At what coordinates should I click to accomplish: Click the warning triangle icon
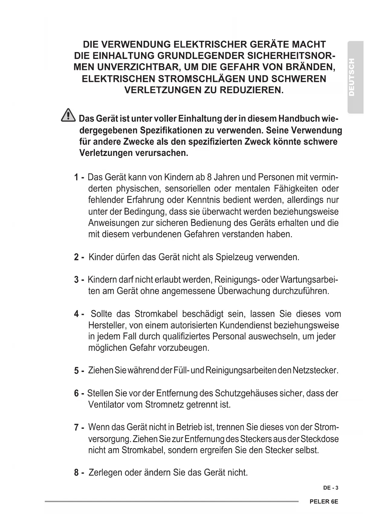(x=68, y=116)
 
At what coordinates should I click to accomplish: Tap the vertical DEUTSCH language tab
(x=355, y=77)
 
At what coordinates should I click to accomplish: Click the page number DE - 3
(x=331, y=488)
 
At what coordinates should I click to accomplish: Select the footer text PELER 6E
(x=324, y=502)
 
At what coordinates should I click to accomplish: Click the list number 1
(x=76, y=177)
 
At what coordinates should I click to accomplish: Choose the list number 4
(x=76, y=314)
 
